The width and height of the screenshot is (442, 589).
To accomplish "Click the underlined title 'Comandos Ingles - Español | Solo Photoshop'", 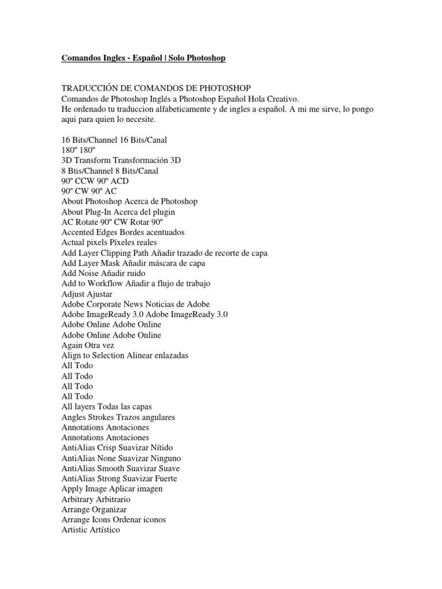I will tap(143, 58).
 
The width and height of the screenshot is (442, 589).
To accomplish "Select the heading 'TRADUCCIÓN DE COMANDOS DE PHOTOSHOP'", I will tap(156, 89).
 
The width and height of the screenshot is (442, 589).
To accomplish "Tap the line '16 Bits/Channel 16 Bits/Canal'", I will tap(114, 140).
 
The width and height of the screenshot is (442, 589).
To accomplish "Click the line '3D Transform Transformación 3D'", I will tap(121, 160).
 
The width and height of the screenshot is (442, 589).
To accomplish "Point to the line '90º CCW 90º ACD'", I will tap(94, 181).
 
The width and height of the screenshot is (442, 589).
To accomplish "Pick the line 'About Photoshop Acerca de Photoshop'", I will tap(129, 201).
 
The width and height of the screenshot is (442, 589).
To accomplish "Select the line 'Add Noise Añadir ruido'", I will tap(104, 273).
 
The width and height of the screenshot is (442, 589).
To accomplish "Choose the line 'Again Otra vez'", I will tap(88, 345).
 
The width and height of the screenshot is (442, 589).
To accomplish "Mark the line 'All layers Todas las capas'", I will tap(106, 407).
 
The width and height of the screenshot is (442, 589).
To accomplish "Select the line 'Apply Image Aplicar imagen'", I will tap(112, 489).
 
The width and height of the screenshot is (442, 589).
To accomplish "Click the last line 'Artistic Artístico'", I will tap(91, 530).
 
